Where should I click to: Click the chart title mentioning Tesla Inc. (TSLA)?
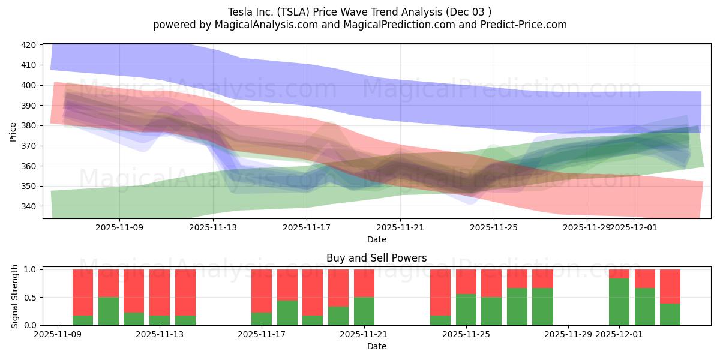pyautogui.click(x=360, y=11)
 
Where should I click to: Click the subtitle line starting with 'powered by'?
pyautogui.click(x=360, y=25)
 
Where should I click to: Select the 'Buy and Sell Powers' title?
pyautogui.click(x=376, y=258)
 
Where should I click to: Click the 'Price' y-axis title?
pyautogui.click(x=13, y=131)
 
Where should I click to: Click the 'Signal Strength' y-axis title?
pyautogui.click(x=16, y=297)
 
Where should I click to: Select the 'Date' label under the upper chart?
pyautogui.click(x=376, y=239)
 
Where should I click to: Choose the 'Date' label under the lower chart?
pyautogui.click(x=376, y=346)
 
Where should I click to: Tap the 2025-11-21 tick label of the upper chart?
pyautogui.click(x=400, y=227)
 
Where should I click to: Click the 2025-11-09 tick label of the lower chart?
pyautogui.click(x=58, y=334)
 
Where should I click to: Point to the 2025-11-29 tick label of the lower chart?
pyautogui.click(x=568, y=334)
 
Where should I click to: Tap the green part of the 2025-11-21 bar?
pyautogui.click(x=364, y=311)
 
